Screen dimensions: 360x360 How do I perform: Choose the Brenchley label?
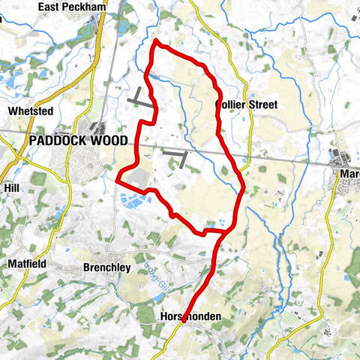106,267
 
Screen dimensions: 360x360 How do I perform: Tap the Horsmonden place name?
191,317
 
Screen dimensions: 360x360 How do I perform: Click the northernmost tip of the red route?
156,42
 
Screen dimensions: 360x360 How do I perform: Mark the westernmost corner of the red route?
118,178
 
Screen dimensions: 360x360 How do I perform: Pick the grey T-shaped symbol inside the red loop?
177,156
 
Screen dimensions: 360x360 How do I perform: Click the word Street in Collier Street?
262,105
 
